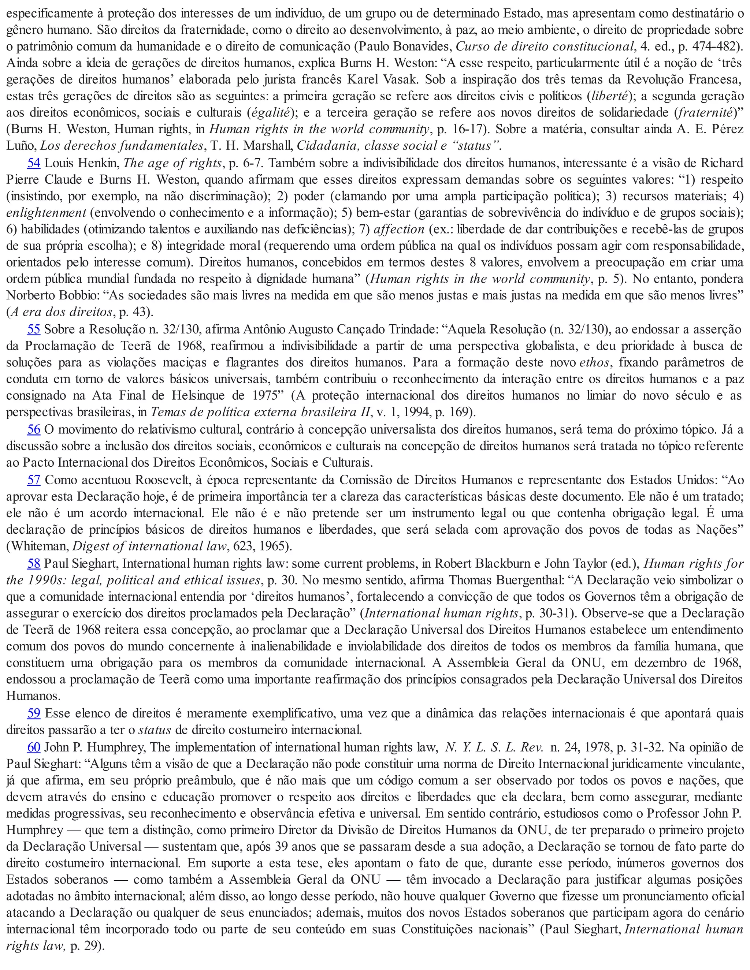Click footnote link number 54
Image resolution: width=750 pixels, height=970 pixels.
pos(34,163)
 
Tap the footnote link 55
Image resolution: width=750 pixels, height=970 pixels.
pos(34,329)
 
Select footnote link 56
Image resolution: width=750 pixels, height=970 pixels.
pos(34,429)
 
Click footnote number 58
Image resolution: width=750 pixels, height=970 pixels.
pos(34,564)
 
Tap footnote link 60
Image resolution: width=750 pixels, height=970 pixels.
pos(34,747)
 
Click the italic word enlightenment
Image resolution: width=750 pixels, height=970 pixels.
pos(46,213)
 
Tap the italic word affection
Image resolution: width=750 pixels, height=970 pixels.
pos(399,230)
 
